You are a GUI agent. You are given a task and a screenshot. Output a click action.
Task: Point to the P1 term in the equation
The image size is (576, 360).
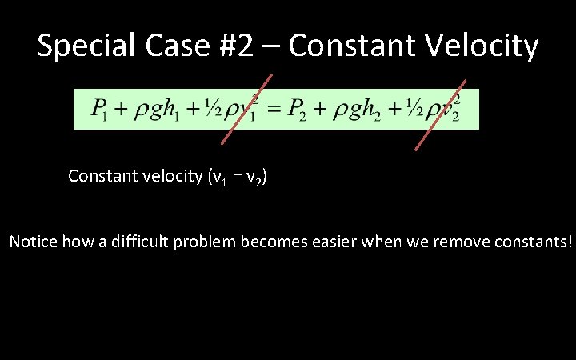click(99, 109)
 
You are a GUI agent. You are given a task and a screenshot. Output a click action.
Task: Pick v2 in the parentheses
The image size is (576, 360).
click(254, 176)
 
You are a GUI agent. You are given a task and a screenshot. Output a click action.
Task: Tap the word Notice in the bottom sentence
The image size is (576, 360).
click(31, 241)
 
